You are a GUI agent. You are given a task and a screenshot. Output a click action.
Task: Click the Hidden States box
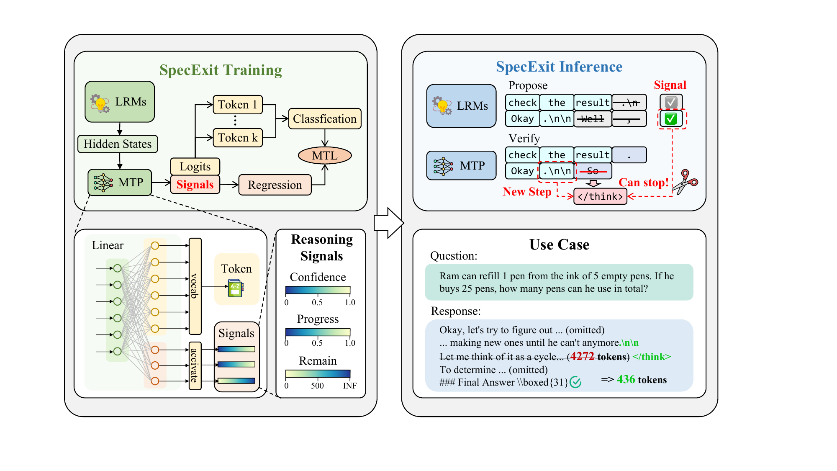(x=118, y=144)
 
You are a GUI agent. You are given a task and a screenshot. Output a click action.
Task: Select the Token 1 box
(x=238, y=105)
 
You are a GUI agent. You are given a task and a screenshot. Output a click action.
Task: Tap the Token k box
(x=238, y=138)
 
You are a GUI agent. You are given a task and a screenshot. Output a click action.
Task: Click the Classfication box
(x=325, y=119)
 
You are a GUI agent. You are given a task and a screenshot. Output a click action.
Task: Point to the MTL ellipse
(x=325, y=156)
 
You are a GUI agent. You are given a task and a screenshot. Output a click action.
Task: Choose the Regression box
(x=275, y=185)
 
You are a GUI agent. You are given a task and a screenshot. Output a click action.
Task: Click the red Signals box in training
(x=195, y=185)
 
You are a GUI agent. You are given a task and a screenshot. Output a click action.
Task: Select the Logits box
(x=195, y=167)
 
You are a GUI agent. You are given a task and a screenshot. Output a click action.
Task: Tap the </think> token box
(x=600, y=196)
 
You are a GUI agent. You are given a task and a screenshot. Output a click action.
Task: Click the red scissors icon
(x=685, y=181)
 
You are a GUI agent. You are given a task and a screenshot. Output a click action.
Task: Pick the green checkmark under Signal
(x=671, y=118)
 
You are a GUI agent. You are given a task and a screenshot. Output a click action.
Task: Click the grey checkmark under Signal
(x=671, y=102)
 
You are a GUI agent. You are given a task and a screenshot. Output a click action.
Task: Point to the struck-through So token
(x=593, y=171)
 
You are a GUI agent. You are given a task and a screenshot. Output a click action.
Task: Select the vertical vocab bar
(x=195, y=286)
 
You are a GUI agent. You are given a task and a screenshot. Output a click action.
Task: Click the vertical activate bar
(x=195, y=365)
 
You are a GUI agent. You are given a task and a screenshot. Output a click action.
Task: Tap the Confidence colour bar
(x=318, y=290)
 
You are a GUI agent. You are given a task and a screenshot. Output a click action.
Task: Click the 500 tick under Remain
(x=317, y=386)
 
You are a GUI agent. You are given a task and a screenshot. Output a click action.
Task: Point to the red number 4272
(x=582, y=356)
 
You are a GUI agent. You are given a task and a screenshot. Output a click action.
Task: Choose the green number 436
(x=626, y=379)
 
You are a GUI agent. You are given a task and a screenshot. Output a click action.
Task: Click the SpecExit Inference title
(x=559, y=67)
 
